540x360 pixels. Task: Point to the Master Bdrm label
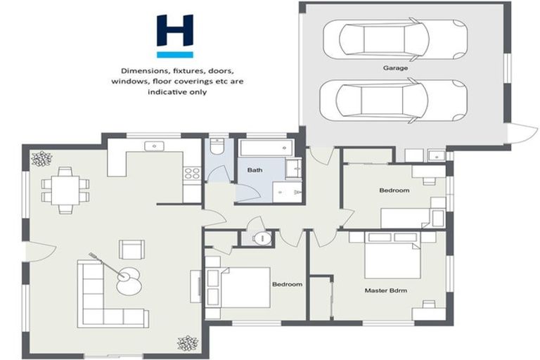pyautogui.click(x=386, y=290)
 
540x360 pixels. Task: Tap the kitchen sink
pyautogui.click(x=155, y=146)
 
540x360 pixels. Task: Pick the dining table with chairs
pyautogui.click(x=65, y=188)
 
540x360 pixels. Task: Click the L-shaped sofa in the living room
pyautogui.click(x=105, y=295)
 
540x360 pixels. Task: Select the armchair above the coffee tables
pyautogui.click(x=131, y=249)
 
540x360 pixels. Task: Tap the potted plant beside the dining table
pyautogui.click(x=39, y=159)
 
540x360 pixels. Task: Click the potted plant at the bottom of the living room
pyautogui.click(x=187, y=342)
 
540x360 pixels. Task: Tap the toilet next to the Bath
pyautogui.click(x=217, y=149)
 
